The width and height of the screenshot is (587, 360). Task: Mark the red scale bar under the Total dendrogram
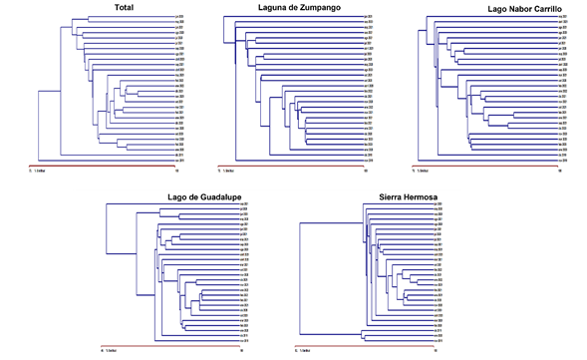95,165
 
